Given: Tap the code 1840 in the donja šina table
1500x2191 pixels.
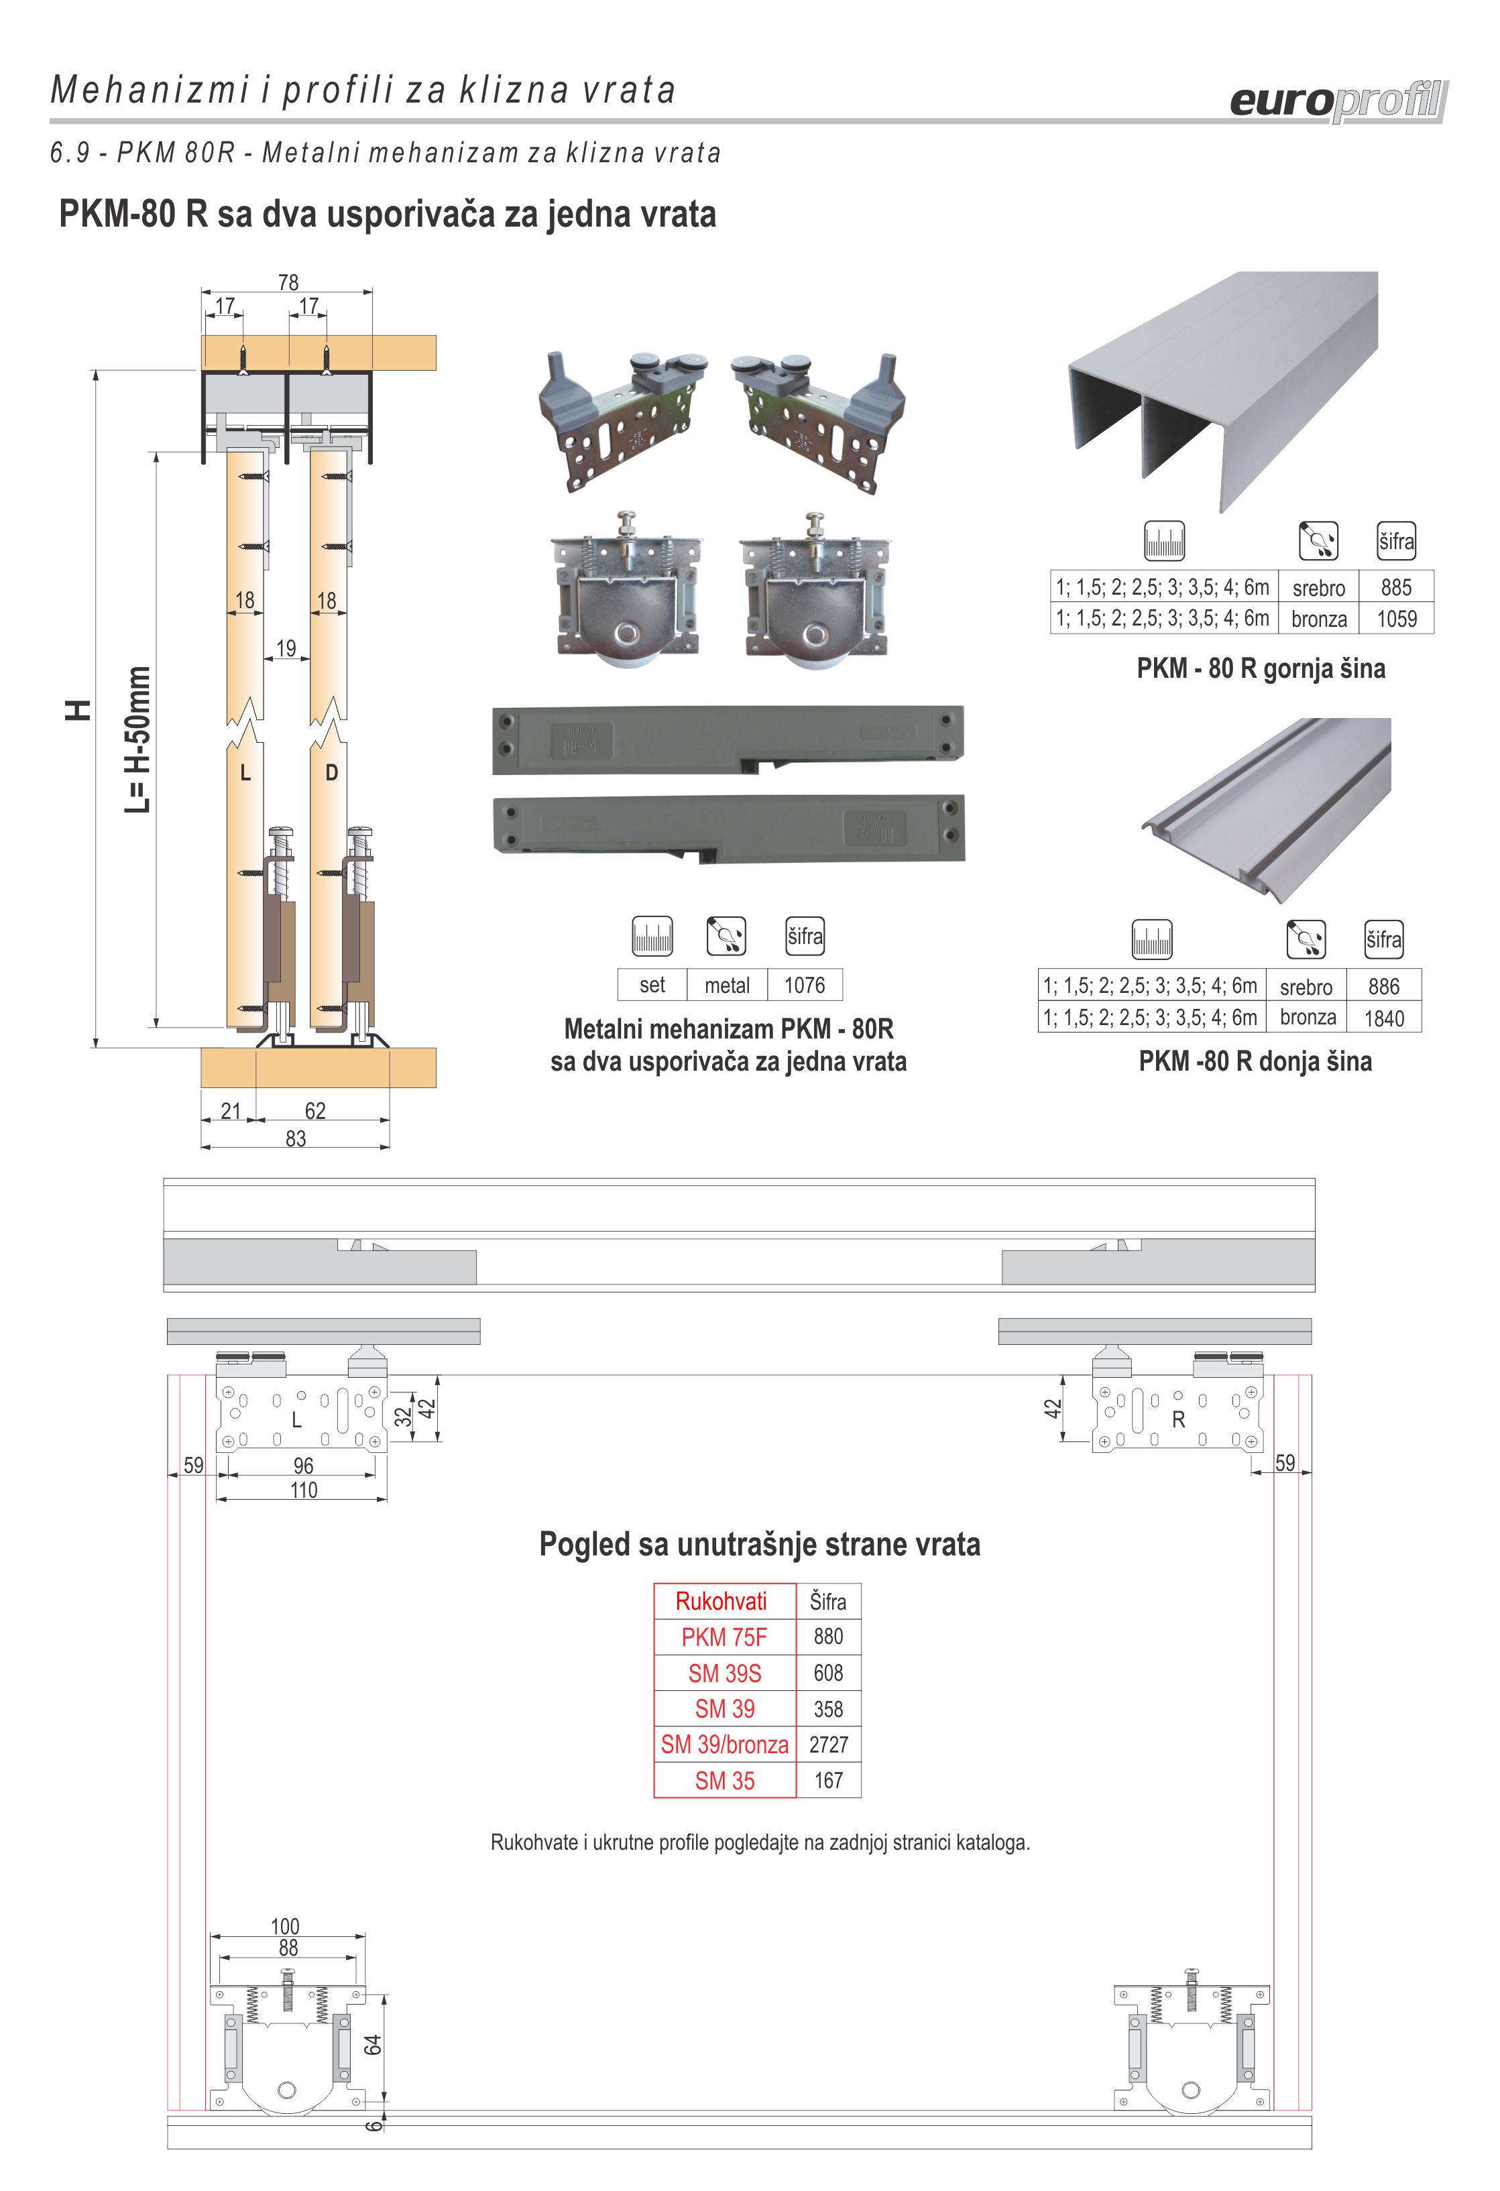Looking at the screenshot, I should click(1383, 1018).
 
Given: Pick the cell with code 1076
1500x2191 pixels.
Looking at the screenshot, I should click(804, 985).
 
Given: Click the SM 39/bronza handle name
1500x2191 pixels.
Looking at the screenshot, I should click(724, 1744).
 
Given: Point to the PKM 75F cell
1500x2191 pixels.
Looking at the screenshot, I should click(724, 1637).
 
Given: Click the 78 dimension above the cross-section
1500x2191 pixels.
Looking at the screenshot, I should click(288, 282).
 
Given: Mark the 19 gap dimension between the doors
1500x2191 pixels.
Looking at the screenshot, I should click(286, 648).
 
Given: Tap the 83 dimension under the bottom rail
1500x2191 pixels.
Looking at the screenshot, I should click(295, 1139).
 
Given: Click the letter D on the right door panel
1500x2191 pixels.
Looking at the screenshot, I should click(331, 773).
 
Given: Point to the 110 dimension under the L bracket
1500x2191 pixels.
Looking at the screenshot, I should click(304, 1490).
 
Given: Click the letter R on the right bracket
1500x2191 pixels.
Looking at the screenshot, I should click(1177, 1420).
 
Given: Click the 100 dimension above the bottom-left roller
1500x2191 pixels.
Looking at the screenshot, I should click(285, 1926).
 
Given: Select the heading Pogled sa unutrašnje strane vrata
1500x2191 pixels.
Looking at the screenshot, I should click(759, 1544).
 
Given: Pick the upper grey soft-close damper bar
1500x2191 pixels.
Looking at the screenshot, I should click(728, 739).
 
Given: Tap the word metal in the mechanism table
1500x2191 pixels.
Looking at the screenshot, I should click(727, 985).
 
